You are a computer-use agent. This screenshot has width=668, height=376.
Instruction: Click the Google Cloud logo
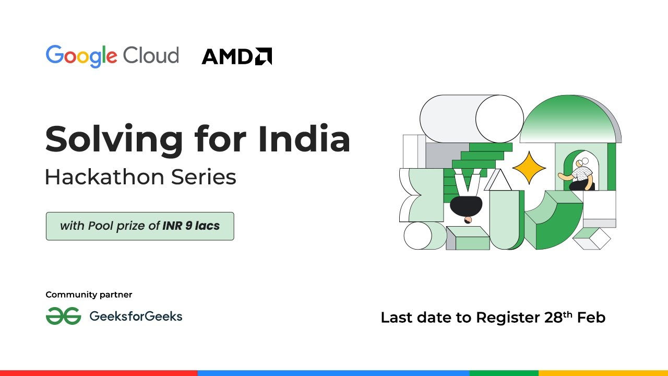click(x=112, y=56)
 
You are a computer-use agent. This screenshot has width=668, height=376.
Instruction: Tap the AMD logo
click(x=236, y=56)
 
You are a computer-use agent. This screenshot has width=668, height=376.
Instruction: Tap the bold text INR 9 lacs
click(x=191, y=226)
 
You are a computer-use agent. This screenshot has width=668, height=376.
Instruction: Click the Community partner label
click(x=89, y=295)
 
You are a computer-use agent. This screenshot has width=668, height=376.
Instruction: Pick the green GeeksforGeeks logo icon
click(x=63, y=316)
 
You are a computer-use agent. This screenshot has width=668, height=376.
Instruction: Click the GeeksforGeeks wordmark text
click(x=136, y=316)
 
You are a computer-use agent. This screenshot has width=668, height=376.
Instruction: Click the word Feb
click(x=591, y=318)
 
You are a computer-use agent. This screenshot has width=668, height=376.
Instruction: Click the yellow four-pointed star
click(x=529, y=167)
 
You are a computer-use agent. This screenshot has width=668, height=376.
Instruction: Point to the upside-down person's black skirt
click(x=466, y=206)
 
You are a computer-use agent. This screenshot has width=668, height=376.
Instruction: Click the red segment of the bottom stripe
click(x=99, y=373)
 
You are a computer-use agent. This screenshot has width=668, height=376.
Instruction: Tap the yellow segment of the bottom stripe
click(x=603, y=373)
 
